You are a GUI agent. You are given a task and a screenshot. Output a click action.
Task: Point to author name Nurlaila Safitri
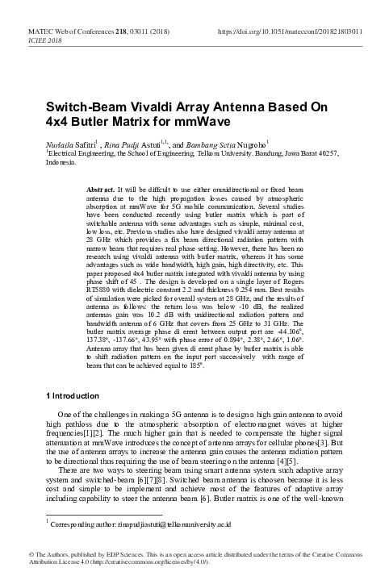pos(70,142)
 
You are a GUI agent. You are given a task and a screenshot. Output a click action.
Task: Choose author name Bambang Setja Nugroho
pos(229,142)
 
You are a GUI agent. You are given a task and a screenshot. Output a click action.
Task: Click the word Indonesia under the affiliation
pos(63,161)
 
